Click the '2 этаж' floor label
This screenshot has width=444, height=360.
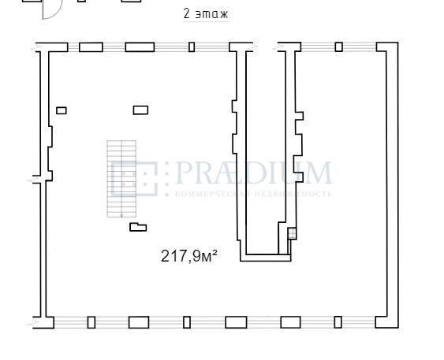coord(206,14)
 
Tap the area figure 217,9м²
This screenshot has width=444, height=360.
coord(188,256)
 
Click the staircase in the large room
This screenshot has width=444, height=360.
coord(121,179)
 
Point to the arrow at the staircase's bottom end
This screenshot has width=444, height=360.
coord(121,216)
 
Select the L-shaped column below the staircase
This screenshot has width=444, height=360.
coord(138,227)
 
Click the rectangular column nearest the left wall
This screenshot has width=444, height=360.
coord(62,110)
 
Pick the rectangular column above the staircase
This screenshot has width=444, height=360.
coord(140,110)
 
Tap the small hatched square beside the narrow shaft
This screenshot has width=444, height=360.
coord(292,233)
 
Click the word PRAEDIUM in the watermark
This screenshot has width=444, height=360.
coord(253,173)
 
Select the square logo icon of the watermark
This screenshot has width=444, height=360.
coord(134,179)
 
